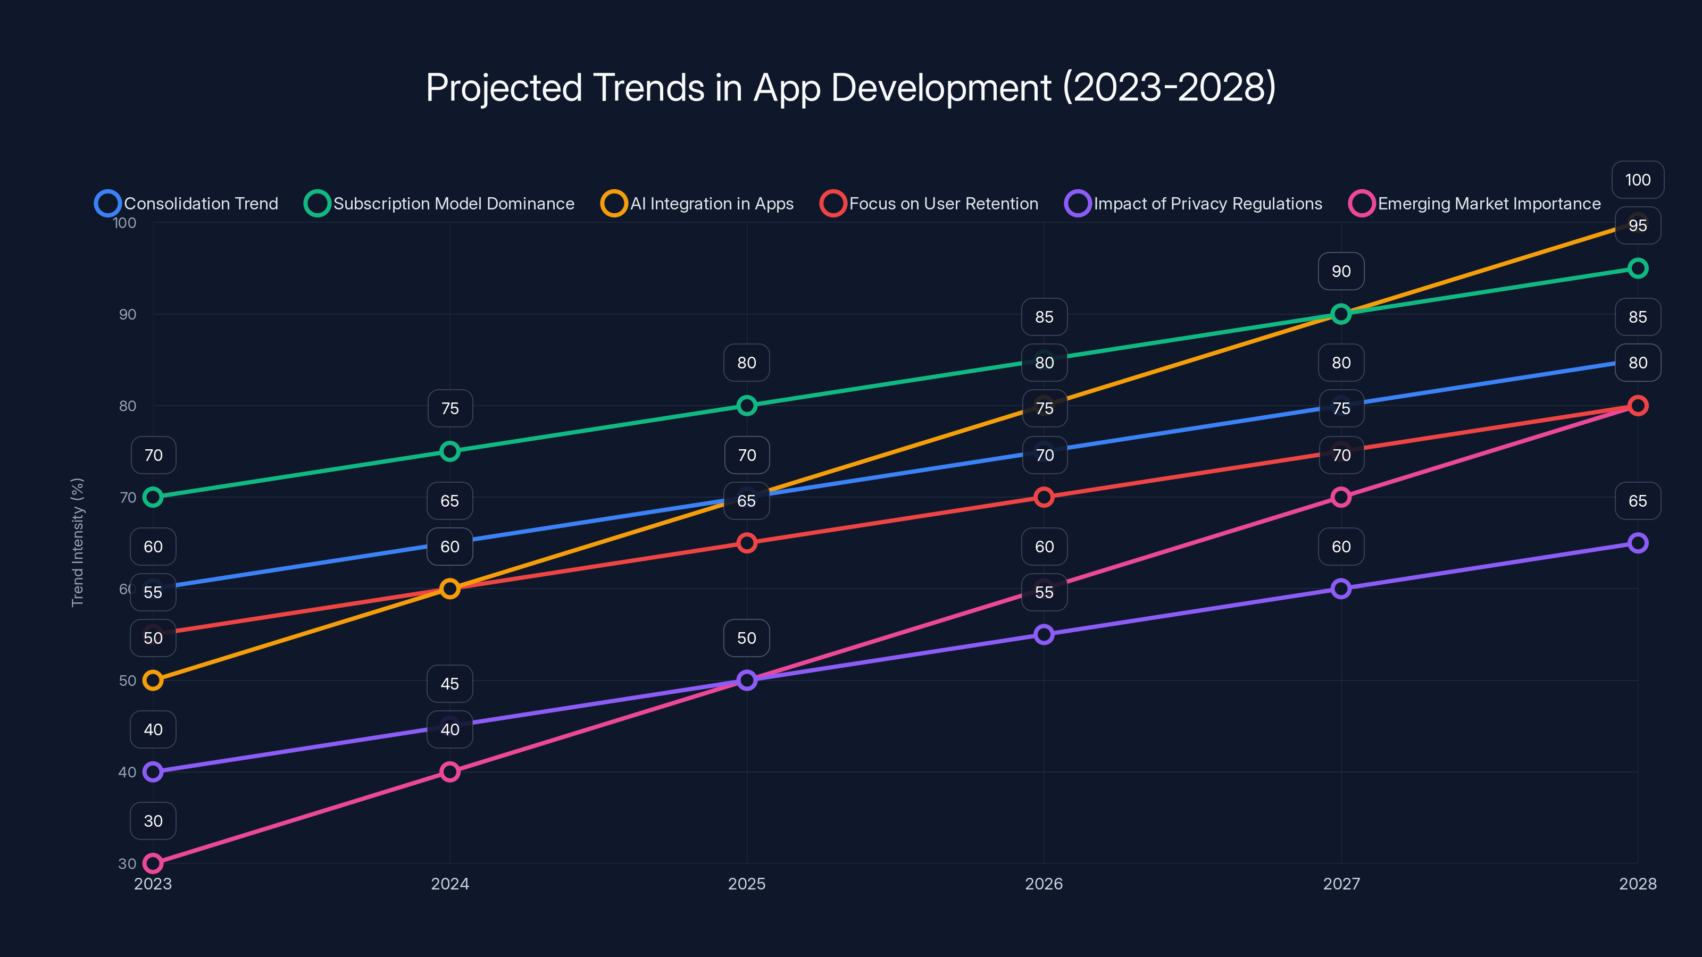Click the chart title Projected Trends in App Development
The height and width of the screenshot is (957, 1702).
(x=850, y=88)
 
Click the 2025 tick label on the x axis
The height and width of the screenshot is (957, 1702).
(x=747, y=884)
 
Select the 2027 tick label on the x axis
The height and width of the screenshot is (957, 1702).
(x=1340, y=884)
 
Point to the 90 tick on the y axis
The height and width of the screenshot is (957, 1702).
(x=128, y=314)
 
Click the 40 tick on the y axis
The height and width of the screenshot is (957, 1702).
(x=128, y=772)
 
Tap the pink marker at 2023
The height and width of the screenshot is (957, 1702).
(x=153, y=863)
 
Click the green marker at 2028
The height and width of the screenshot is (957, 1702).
(x=1637, y=268)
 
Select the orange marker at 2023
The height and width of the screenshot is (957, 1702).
(x=153, y=681)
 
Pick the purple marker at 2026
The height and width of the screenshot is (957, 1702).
(x=1044, y=635)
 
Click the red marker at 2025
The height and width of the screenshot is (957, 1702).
(x=747, y=543)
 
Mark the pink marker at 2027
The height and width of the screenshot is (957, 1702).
(x=1340, y=497)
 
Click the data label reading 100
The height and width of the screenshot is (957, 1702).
(x=1637, y=180)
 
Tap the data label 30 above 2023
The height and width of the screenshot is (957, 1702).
(x=153, y=821)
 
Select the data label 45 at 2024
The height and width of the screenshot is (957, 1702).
(x=449, y=684)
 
